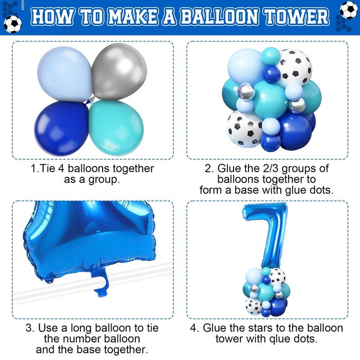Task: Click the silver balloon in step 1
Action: pyautogui.click(x=119, y=71)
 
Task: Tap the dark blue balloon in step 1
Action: pyautogui.click(x=62, y=128)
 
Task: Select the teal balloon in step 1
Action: pyautogui.click(x=116, y=128)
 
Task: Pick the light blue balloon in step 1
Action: pyautogui.click(x=65, y=74)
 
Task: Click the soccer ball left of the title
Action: pyautogui.click(x=13, y=24)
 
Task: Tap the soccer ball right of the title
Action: pyautogui.click(x=348, y=10)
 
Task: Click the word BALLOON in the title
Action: pyautogui.click(x=219, y=17)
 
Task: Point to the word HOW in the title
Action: pyautogui.click(x=52, y=17)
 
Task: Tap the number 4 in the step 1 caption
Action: pyautogui.click(x=61, y=168)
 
